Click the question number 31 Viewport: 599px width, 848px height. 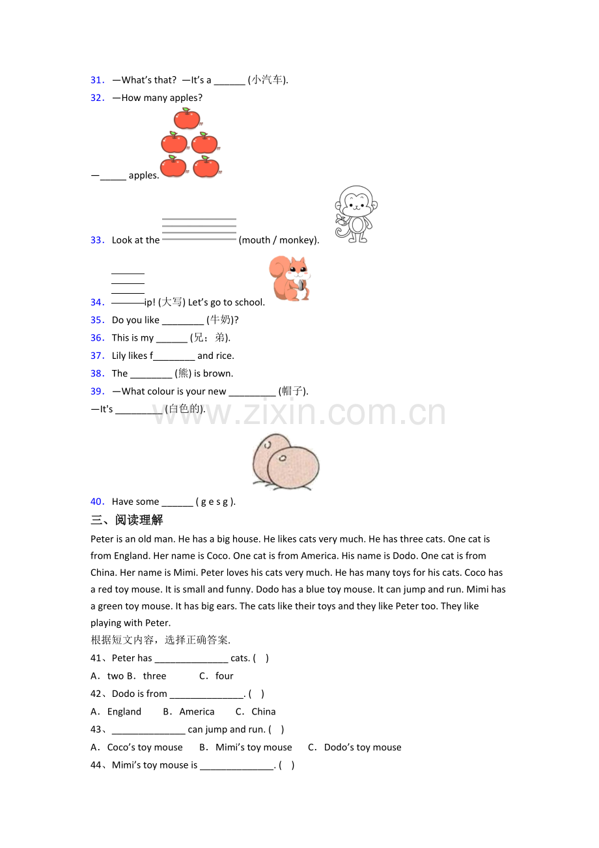point(97,80)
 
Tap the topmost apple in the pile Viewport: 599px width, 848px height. point(188,119)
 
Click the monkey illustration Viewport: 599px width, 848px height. point(355,214)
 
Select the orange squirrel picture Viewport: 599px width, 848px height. point(290,278)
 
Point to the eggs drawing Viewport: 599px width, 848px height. point(286,462)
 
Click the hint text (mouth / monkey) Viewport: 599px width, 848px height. point(279,240)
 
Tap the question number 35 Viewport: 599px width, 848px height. point(97,320)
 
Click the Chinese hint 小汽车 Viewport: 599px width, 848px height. point(267,80)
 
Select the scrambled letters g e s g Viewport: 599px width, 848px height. point(215,502)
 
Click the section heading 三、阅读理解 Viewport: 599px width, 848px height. point(127,520)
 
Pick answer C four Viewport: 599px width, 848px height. point(216,676)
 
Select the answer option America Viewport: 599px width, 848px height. point(197,712)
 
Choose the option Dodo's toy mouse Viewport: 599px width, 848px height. point(363,747)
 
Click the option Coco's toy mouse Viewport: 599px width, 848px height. point(145,747)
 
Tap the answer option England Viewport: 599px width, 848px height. point(124,712)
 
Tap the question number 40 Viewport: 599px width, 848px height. point(97,502)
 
